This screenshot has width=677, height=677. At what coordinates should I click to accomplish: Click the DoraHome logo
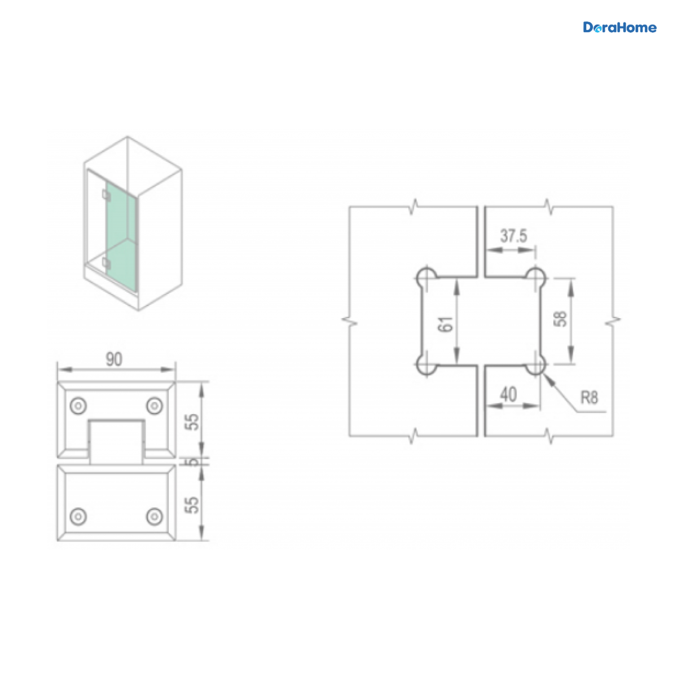619,28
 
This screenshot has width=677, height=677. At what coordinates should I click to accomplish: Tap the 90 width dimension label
114,359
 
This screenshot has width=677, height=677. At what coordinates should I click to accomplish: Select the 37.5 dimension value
513,236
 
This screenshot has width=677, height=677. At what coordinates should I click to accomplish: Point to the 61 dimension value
446,324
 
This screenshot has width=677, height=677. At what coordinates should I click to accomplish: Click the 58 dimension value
560,319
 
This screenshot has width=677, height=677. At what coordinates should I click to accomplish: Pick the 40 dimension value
508,394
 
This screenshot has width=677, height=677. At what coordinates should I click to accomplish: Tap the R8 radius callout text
589,398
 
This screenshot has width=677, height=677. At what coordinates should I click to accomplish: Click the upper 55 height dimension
192,422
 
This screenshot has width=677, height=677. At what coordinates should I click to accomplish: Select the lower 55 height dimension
192,505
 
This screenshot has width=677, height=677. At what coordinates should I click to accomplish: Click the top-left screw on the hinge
78,406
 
